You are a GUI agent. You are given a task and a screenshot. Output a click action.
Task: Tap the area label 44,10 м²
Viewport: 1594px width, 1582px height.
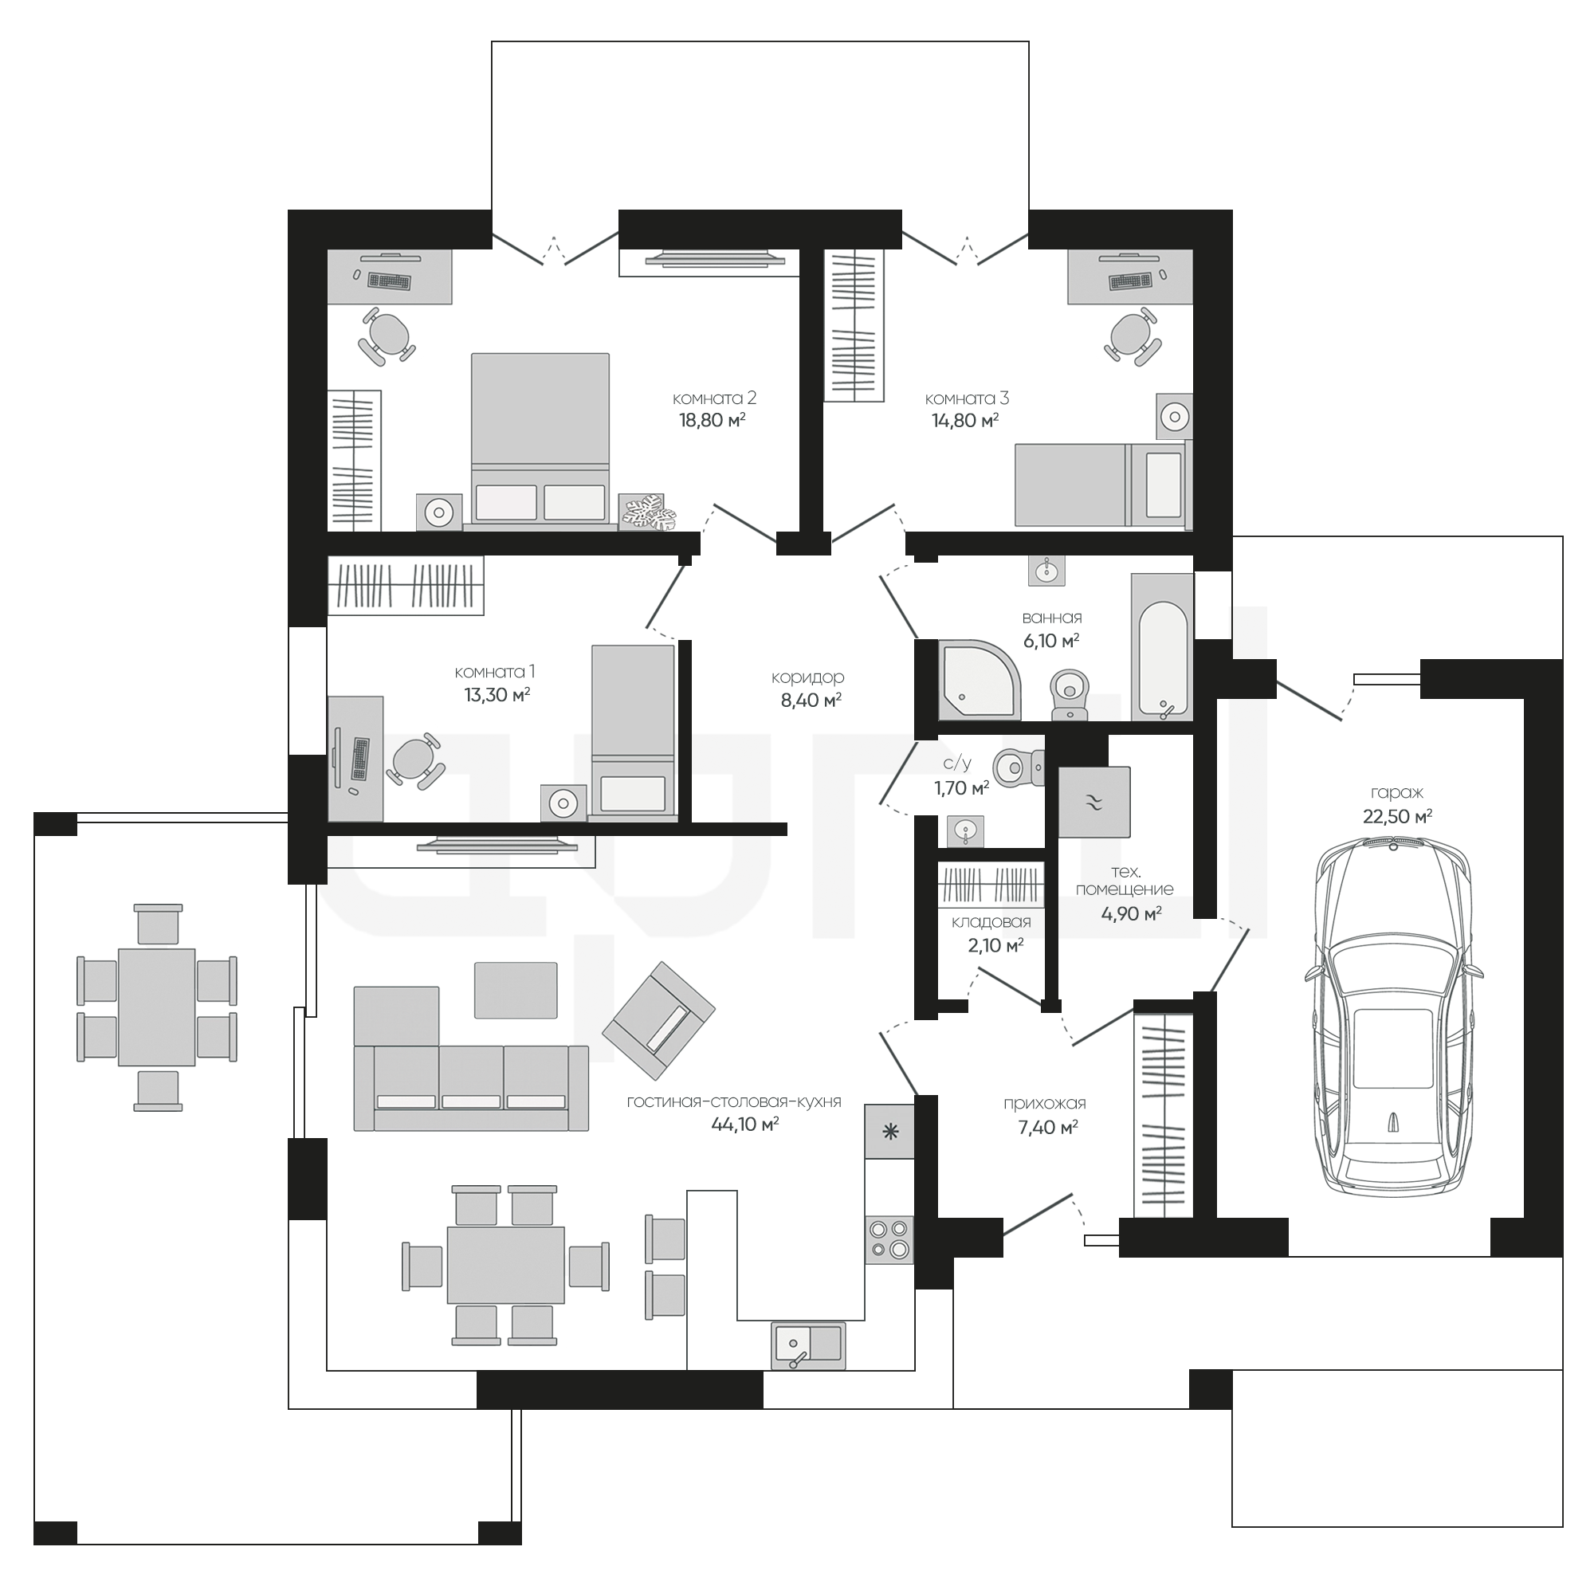745,1125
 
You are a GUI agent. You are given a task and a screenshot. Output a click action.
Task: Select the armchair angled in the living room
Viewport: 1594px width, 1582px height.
658,1020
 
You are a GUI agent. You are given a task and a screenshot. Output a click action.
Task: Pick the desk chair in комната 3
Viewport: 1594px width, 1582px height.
1132,336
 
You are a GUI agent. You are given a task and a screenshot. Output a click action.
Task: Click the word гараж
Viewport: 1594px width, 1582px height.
1397,793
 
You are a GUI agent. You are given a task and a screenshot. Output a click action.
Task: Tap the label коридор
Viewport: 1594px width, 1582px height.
807,677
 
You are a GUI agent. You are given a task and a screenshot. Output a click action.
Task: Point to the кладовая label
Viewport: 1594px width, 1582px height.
991,922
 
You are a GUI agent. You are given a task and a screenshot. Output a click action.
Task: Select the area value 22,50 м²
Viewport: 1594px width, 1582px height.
1398,817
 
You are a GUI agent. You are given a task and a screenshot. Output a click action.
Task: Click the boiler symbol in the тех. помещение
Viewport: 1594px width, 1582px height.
1094,803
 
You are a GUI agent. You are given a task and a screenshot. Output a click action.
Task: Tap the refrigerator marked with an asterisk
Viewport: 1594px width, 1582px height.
889,1132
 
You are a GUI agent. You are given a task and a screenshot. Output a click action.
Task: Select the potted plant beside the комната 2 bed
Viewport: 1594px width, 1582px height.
648,512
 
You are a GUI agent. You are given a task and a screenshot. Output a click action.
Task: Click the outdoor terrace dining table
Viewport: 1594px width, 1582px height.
157,1007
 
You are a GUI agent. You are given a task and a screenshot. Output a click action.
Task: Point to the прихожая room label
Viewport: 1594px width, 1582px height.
1045,1104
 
